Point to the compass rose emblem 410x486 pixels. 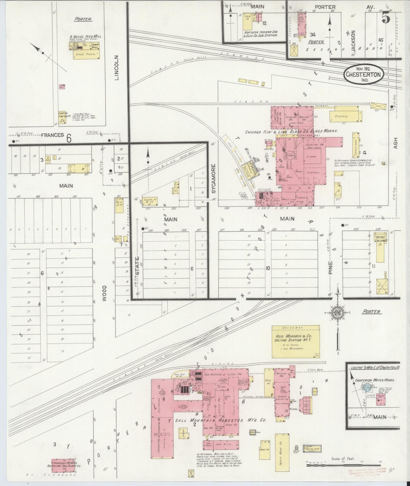tap(338, 312)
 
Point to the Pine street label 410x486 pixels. tap(330, 267)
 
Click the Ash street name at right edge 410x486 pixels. tap(396, 143)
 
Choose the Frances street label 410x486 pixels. tap(52, 135)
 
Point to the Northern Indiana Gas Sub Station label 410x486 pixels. tap(260, 34)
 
